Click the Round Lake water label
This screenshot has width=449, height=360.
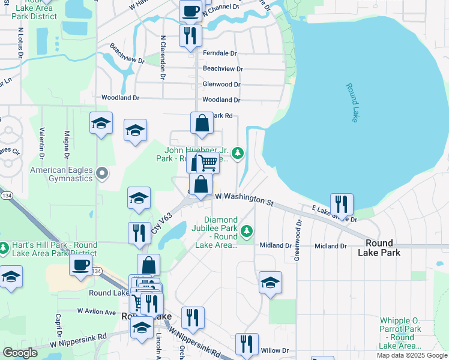point(351,103)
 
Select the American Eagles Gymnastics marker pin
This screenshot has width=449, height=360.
point(102,174)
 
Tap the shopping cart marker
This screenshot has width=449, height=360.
point(208,161)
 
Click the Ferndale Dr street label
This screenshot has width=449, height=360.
point(220,53)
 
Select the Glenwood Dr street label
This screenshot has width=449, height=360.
point(221,85)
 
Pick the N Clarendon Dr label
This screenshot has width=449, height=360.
point(163,57)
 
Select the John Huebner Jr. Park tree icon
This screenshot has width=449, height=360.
point(238,153)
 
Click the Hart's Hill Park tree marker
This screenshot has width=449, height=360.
point(4,247)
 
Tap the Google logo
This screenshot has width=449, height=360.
point(20,353)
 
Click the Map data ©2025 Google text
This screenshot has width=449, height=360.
point(411,355)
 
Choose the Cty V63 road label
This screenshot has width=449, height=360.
point(161,223)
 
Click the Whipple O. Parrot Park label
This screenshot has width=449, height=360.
point(402,333)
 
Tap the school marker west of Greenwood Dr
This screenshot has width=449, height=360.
point(270,281)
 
